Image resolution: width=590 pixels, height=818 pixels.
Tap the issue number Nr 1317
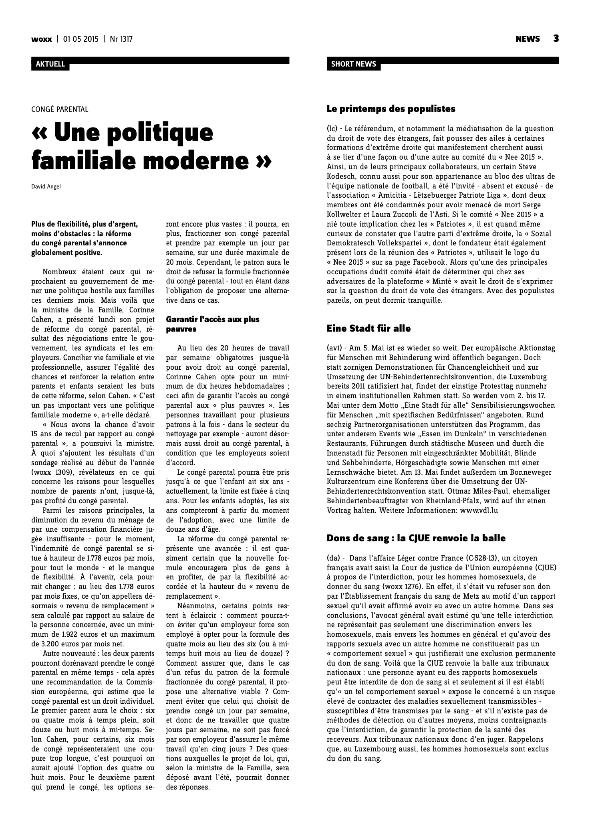[x=121, y=39]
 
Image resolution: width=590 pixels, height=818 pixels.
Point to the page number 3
[x=556, y=38]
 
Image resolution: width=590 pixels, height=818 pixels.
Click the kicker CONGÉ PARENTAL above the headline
[x=60, y=109]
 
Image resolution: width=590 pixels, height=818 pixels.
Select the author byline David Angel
[x=46, y=186]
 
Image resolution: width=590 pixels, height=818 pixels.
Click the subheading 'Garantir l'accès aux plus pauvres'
[x=212, y=324]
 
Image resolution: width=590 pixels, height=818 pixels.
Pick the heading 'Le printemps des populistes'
[x=391, y=109]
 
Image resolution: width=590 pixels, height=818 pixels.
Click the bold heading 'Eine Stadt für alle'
[x=368, y=328]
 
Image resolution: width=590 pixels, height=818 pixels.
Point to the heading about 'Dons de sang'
[x=416, y=538]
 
